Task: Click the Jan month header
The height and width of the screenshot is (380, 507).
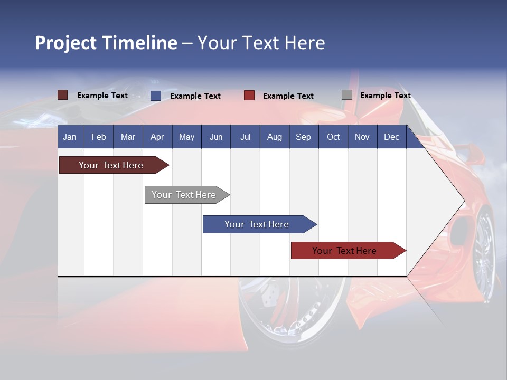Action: click(x=70, y=137)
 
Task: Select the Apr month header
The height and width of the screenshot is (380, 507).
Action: click(x=157, y=137)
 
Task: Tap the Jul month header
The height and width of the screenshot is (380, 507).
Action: click(x=245, y=137)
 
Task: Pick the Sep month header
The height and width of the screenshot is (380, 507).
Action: click(x=303, y=137)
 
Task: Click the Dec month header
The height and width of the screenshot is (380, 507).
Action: click(x=391, y=137)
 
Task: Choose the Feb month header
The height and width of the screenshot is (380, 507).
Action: click(x=99, y=137)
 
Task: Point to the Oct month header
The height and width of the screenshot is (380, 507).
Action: click(x=333, y=137)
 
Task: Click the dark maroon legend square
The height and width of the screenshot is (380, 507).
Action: click(x=62, y=95)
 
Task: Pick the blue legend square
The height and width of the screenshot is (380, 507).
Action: click(x=156, y=96)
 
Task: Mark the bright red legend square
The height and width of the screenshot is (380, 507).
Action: click(x=249, y=96)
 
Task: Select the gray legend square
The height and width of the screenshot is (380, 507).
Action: click(x=347, y=95)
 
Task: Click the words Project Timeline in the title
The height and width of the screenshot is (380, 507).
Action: click(x=106, y=43)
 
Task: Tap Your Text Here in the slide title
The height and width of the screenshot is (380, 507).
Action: click(x=261, y=43)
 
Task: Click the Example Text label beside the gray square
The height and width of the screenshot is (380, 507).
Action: click(x=385, y=96)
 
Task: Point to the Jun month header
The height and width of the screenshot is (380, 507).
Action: click(x=216, y=137)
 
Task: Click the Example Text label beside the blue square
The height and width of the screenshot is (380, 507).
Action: click(x=195, y=96)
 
